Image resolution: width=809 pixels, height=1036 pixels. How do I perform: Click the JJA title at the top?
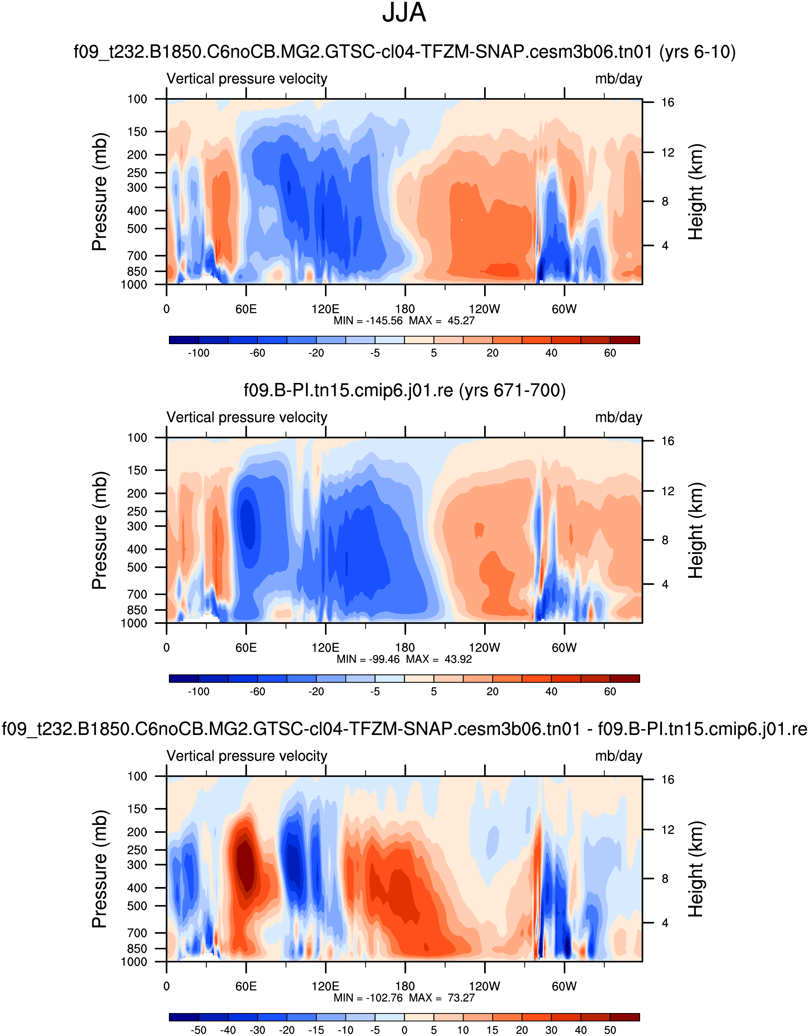tap(404, 13)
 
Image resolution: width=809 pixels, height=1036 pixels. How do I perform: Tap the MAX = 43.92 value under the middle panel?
tap(439, 659)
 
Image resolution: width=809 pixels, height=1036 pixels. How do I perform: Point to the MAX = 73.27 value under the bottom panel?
tap(442, 998)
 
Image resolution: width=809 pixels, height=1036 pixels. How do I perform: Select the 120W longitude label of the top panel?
tap(484, 309)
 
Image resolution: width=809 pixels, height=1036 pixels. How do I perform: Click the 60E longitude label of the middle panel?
tap(246, 648)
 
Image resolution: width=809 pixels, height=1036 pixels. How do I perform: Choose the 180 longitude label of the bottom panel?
tap(405, 987)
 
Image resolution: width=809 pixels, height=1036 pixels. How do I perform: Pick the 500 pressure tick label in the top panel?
tap(137, 229)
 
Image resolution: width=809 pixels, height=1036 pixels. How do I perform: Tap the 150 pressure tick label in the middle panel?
tap(137, 470)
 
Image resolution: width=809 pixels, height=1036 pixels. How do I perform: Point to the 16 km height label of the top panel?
tap(668, 103)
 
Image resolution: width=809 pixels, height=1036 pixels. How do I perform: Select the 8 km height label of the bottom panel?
tap(665, 879)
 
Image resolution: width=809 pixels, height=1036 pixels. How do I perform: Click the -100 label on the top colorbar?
tap(198, 353)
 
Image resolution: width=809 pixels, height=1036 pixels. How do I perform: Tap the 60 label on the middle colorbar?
tap(610, 692)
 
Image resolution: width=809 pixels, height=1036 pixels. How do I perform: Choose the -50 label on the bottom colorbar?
tap(198, 1030)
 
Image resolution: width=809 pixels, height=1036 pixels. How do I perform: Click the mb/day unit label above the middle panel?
tap(618, 417)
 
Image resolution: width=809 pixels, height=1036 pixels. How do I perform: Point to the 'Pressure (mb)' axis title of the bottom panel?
tap(100, 869)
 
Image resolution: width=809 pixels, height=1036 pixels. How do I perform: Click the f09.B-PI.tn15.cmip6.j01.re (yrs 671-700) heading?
tap(404, 390)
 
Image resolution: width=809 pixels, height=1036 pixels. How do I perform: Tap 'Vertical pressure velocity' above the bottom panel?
tap(247, 756)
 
